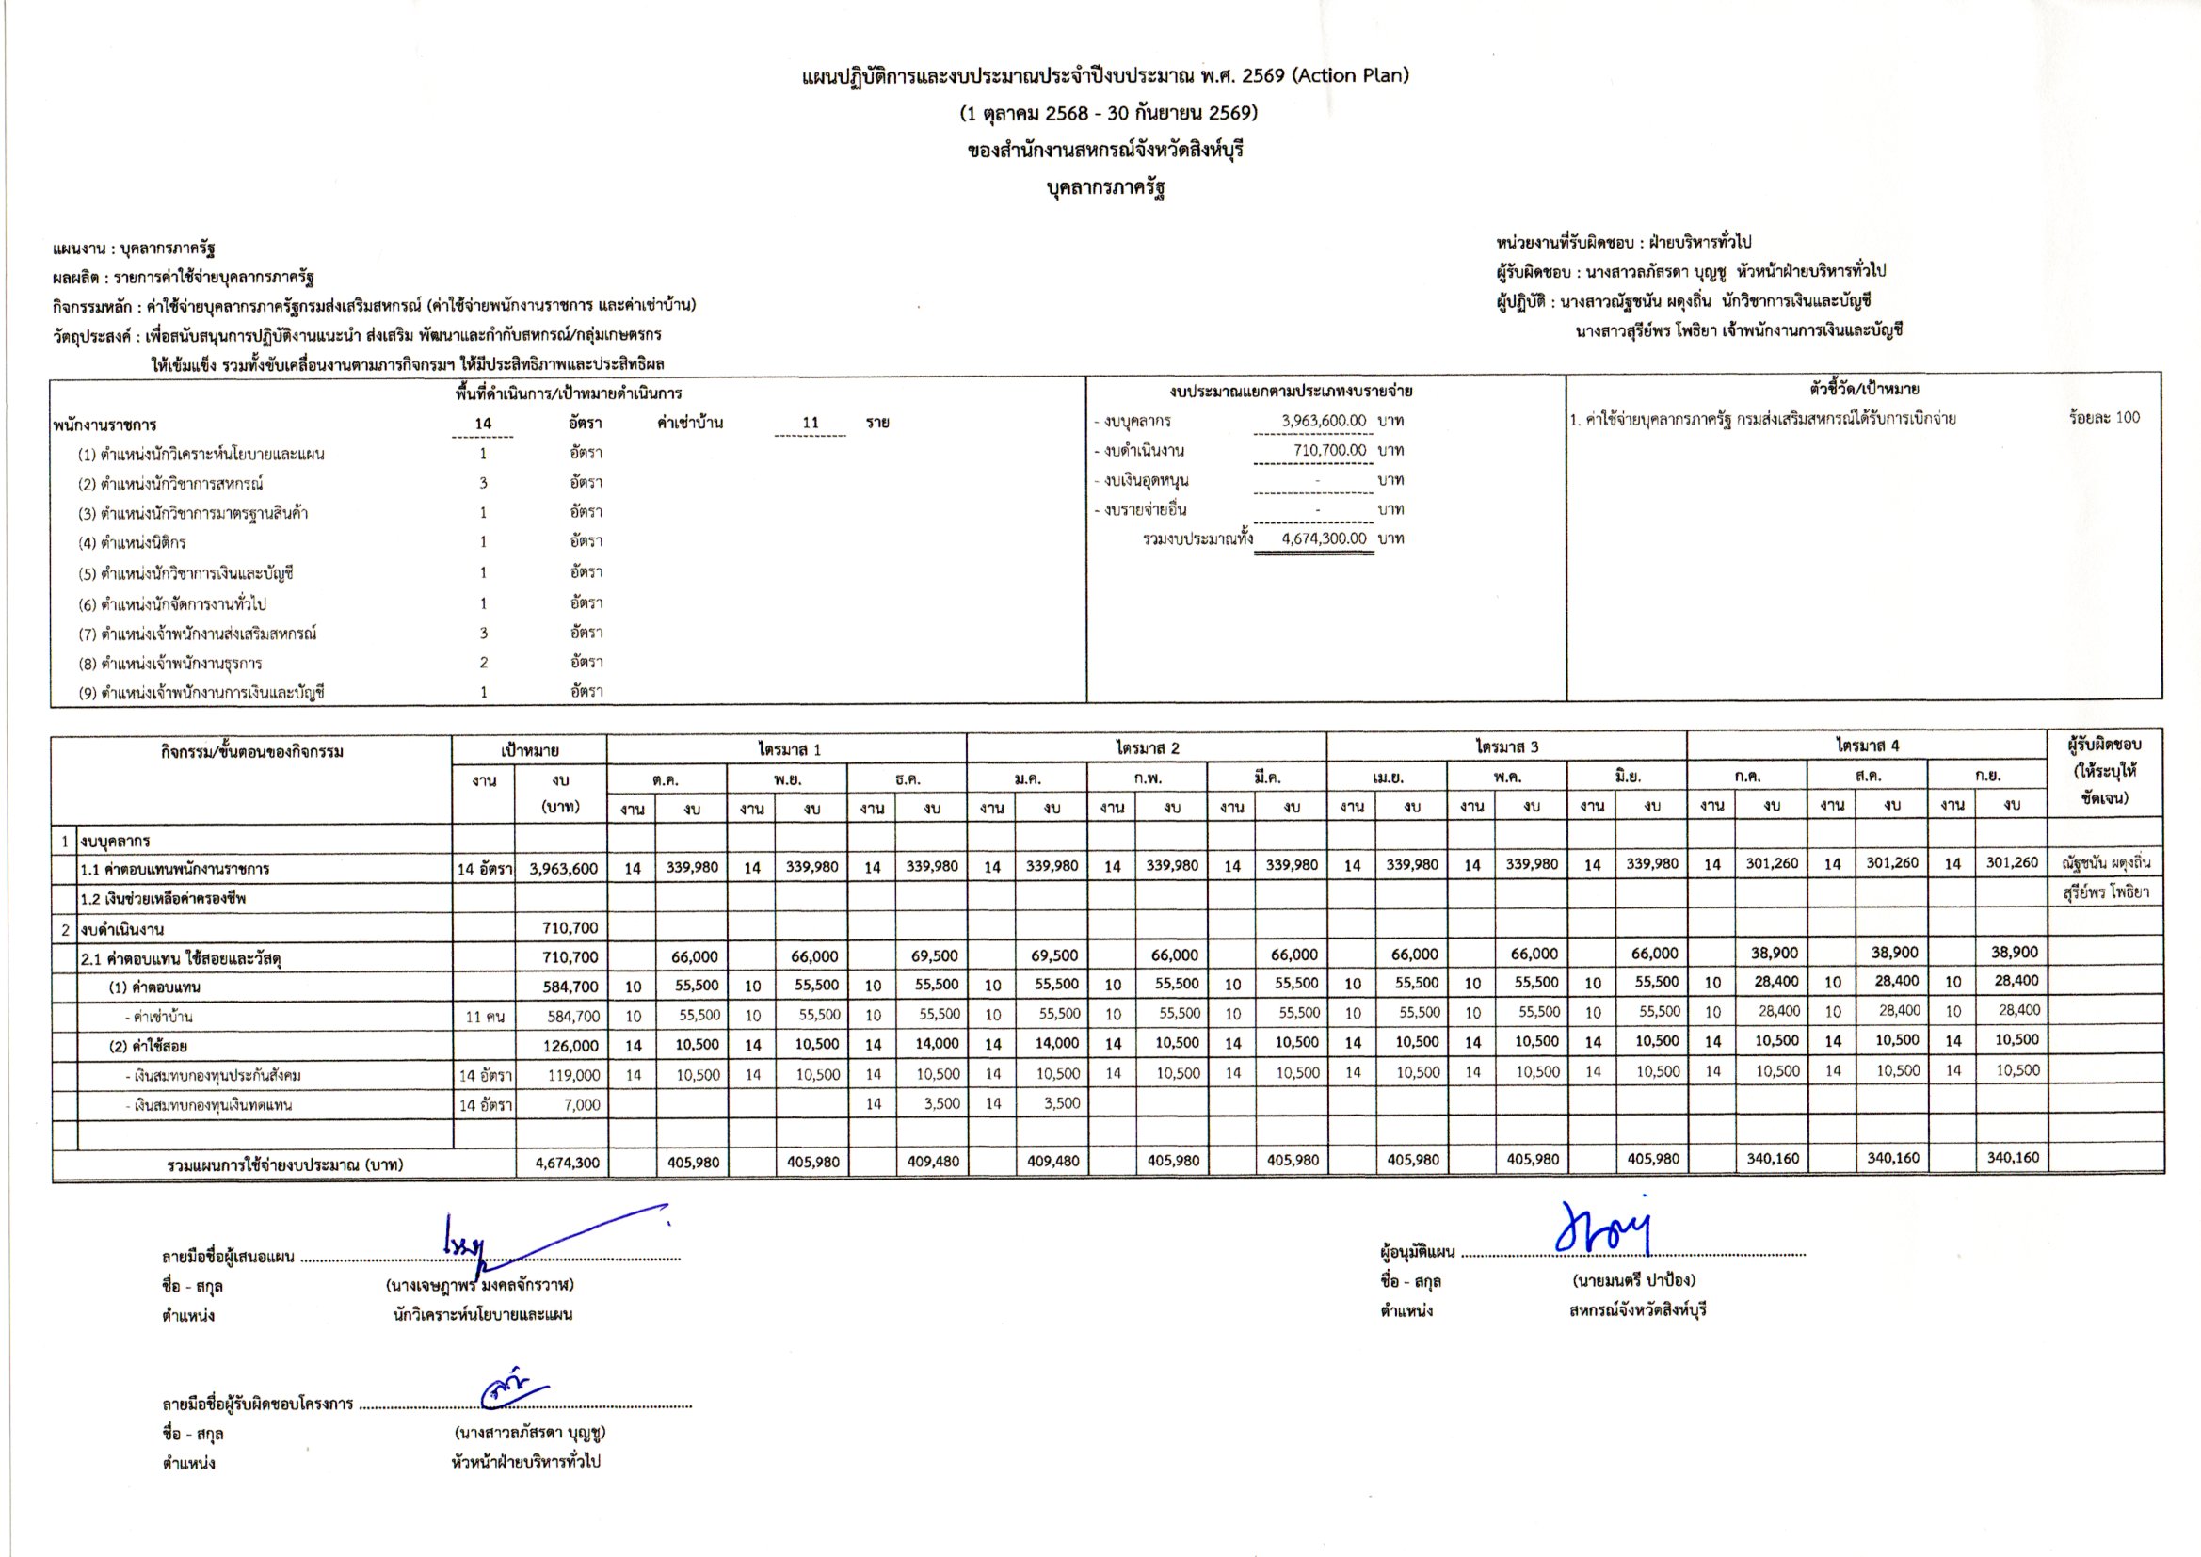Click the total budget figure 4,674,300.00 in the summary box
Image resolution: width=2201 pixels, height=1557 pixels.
point(1324,538)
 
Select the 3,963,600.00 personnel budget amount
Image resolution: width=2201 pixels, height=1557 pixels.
point(1324,421)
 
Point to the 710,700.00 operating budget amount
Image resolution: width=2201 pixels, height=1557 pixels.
point(1329,451)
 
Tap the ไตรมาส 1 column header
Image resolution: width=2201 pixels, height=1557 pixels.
point(788,748)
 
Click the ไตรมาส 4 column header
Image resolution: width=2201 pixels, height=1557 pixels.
point(1867,745)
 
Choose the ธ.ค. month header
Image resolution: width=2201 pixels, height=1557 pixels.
point(907,779)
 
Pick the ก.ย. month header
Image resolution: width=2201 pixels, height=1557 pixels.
point(1986,777)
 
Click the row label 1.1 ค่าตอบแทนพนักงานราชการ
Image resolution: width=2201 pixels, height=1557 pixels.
point(174,870)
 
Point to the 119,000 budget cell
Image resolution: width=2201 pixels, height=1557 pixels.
point(574,1076)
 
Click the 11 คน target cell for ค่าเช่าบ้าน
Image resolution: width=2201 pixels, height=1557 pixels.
point(484,1017)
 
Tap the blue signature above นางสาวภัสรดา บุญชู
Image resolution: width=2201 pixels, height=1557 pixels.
point(513,1390)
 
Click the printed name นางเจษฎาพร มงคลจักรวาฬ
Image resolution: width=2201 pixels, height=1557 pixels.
point(480,1285)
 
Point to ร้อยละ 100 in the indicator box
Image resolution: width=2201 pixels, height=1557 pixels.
point(2104,418)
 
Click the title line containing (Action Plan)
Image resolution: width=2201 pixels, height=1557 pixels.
point(1105,76)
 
